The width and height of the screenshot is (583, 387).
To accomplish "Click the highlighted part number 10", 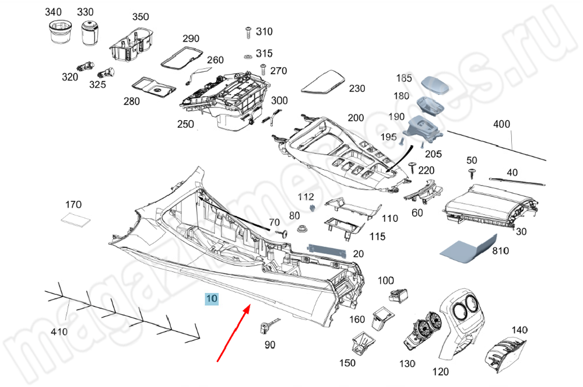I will click(x=211, y=299).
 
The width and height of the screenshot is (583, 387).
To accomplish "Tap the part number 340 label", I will click(x=53, y=12).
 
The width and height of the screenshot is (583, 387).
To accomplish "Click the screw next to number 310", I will click(x=248, y=31).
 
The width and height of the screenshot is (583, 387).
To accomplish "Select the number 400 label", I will click(x=501, y=124).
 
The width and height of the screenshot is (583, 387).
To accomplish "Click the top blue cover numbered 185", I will click(x=436, y=85).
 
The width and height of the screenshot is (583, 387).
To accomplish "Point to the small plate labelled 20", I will click(x=327, y=250).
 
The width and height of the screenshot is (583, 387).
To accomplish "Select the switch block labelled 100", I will click(x=399, y=296).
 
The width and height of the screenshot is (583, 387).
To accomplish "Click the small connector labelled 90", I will click(x=265, y=326).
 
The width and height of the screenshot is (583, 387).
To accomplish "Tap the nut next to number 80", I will click(x=302, y=229).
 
